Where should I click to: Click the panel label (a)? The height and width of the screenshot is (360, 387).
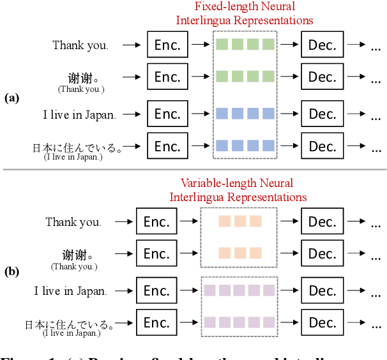[12, 98]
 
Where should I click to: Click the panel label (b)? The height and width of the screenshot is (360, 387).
[12, 271]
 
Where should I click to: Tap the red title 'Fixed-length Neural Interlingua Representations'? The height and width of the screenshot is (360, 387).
[245, 13]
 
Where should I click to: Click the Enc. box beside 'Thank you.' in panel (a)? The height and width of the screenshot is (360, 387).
[167, 45]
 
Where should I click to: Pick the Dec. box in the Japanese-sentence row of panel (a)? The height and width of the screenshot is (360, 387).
[322, 146]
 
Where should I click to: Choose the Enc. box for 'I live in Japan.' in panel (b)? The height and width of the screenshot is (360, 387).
[156, 291]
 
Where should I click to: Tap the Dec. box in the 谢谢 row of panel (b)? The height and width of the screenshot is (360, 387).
[322, 253]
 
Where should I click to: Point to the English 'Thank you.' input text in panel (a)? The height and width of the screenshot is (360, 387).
[80, 45]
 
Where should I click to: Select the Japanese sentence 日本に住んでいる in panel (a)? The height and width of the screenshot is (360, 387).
[77, 147]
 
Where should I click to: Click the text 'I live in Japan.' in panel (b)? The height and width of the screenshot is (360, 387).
[70, 291]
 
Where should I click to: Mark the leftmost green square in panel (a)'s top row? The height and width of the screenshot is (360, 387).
[221, 45]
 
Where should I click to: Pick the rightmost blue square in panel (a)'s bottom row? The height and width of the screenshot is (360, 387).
[268, 145]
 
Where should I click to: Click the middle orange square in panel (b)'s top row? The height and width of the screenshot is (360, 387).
[240, 221]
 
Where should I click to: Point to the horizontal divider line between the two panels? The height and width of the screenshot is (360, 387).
[193, 169]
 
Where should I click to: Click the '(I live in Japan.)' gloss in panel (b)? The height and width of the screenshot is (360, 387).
[72, 333]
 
